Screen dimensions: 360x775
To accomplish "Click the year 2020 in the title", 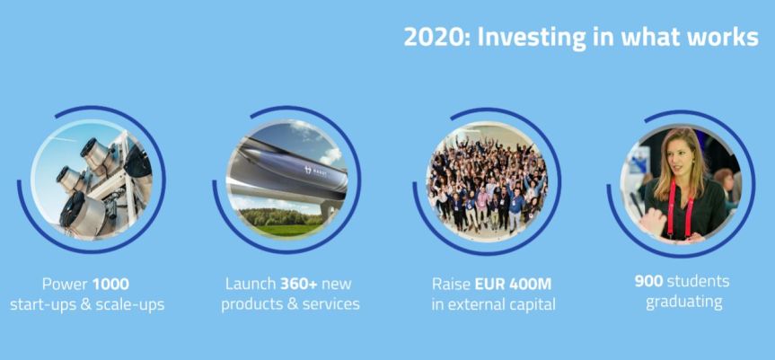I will tap(432, 38).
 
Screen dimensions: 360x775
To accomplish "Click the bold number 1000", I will tap(111, 283).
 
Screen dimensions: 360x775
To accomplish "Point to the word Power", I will tap(66, 283).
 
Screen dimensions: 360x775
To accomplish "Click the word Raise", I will tap(451, 283).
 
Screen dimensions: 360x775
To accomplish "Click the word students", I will tap(698, 281).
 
